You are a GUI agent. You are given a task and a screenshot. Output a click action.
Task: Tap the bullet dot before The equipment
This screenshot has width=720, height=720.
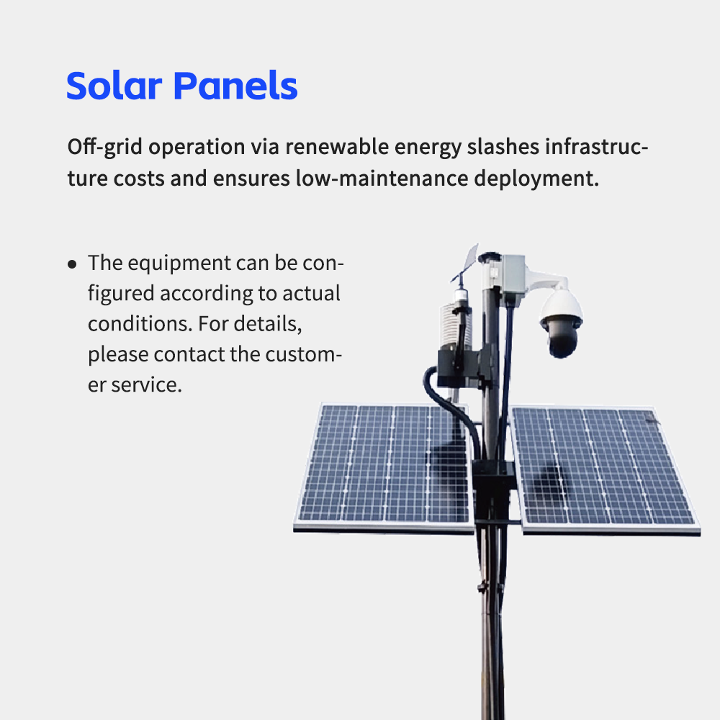click(72, 264)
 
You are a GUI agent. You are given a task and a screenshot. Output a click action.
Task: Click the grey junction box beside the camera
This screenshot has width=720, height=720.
click(514, 281)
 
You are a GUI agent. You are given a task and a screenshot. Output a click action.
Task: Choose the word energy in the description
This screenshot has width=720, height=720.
click(427, 147)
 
